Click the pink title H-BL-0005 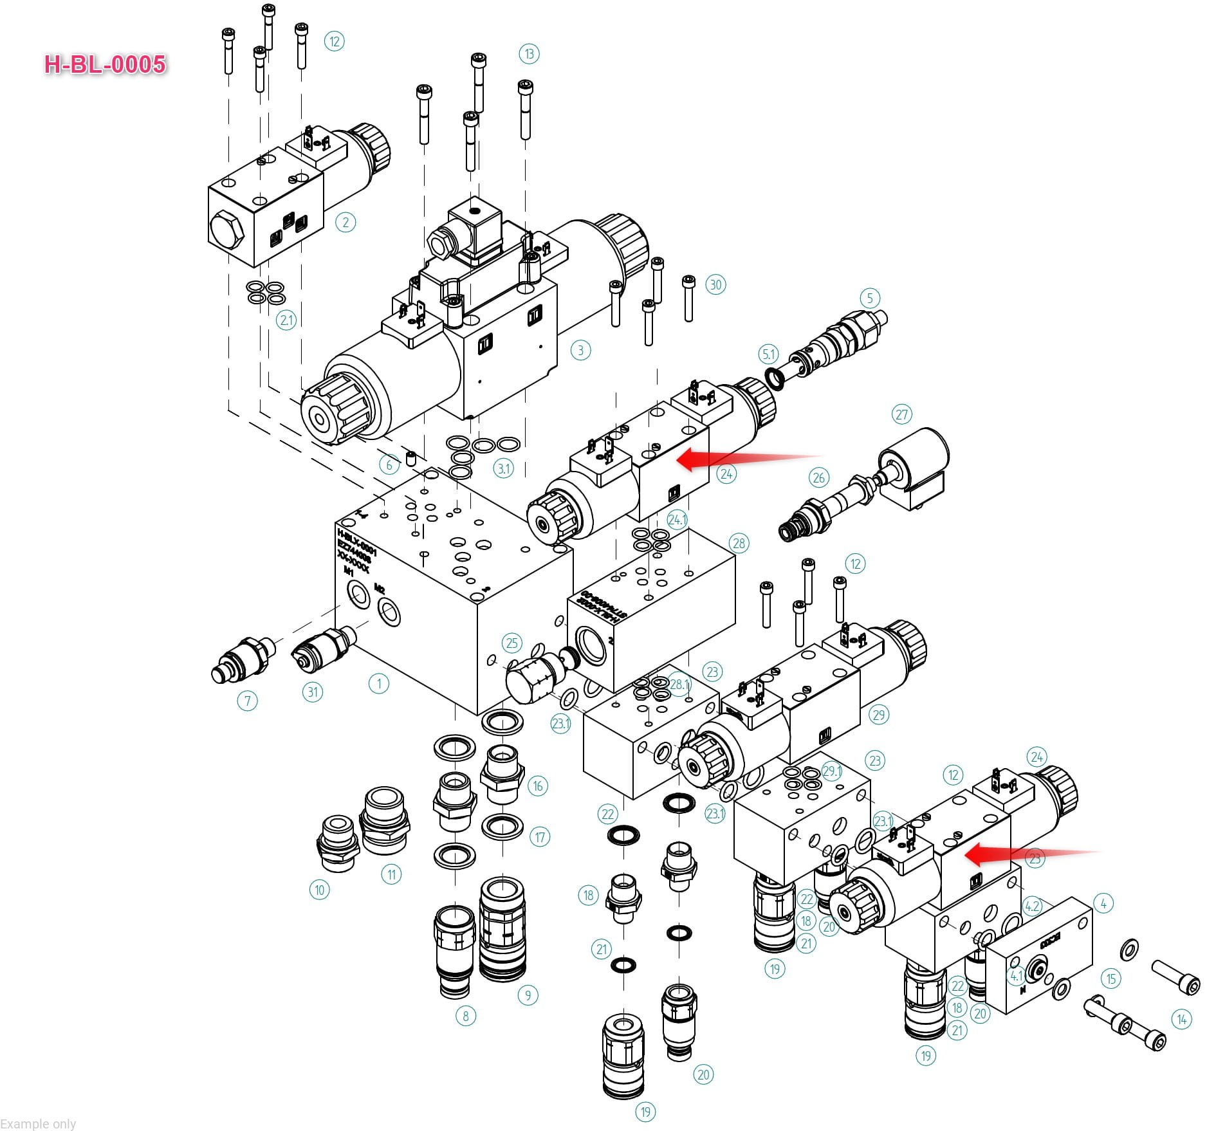pos(105,64)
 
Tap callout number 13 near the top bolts pos(529,54)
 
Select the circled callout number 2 pos(345,223)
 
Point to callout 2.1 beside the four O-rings pos(286,320)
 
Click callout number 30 pos(716,284)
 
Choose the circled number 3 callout pos(580,350)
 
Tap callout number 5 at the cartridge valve pos(870,298)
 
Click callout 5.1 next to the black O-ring pos(769,354)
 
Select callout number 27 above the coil pos(902,414)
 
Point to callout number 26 pos(818,477)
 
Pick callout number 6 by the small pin pos(389,464)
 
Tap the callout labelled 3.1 pos(503,468)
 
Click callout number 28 pos(739,543)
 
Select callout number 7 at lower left pos(247,701)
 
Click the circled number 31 pos(313,692)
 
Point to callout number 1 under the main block pos(378,684)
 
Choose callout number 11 pos(391,874)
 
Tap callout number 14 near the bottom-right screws pos(1181,1019)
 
